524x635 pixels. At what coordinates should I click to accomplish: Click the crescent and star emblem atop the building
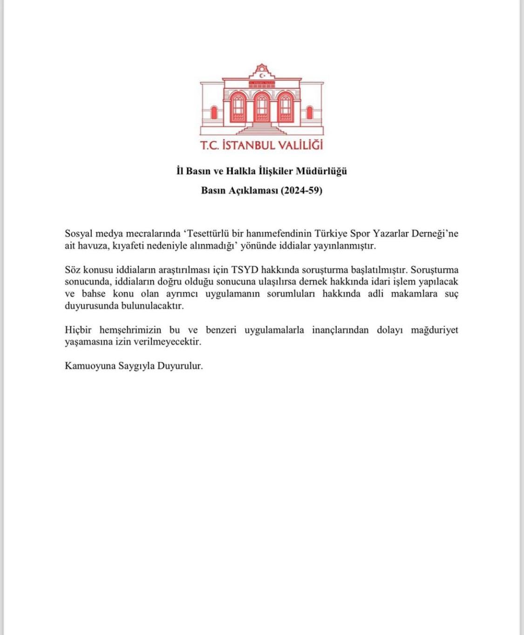click(262, 74)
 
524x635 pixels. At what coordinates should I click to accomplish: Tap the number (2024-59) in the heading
click(301, 190)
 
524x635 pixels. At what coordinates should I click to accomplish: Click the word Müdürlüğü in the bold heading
click(321, 171)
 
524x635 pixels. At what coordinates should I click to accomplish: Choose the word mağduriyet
click(434, 330)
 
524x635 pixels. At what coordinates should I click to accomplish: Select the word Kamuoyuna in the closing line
click(89, 366)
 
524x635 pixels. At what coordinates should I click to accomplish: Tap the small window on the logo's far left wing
click(214, 113)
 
